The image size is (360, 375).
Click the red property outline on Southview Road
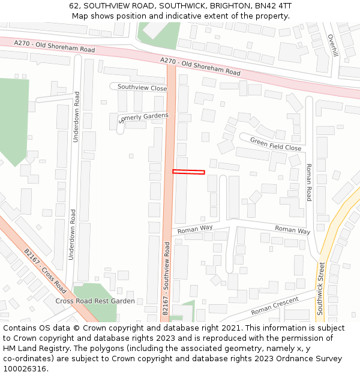pyautogui.click(x=188, y=172)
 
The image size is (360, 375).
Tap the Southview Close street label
pyautogui.click(x=142, y=88)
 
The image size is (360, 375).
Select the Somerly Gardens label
pyautogui.click(x=144, y=117)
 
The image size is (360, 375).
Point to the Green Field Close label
pyautogui.click(x=275, y=145)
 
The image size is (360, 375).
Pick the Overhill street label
pyautogui.click(x=334, y=46)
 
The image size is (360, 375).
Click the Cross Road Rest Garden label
pyautogui.click(x=95, y=301)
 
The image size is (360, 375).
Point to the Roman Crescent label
pyautogui.click(x=274, y=307)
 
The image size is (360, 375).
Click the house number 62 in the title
pyautogui.click(x=74, y=6)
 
